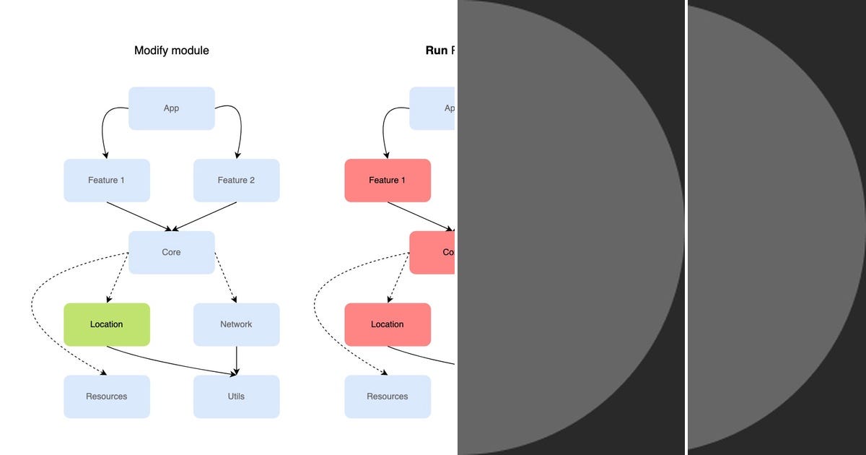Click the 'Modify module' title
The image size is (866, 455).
pos(172,51)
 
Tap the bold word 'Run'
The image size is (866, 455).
pos(437,51)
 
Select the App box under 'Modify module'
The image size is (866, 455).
pos(172,108)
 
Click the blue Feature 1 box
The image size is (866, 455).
pos(107,181)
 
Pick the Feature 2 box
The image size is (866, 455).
pos(236,181)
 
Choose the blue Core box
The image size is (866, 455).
pos(172,253)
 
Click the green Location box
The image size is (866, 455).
pos(107,324)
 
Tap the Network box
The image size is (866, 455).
pos(236,324)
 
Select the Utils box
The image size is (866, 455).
pos(236,396)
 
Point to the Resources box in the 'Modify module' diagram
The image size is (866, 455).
pos(107,396)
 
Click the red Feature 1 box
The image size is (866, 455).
pos(388,181)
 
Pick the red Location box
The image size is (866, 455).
pos(388,324)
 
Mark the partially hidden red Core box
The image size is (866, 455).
pos(432,253)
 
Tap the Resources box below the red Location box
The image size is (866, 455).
pos(388,396)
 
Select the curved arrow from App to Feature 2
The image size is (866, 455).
pos(239,126)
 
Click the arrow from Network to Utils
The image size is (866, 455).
pos(237,360)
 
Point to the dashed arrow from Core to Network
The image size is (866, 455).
pos(225,278)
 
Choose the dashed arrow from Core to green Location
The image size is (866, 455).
pos(117,278)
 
